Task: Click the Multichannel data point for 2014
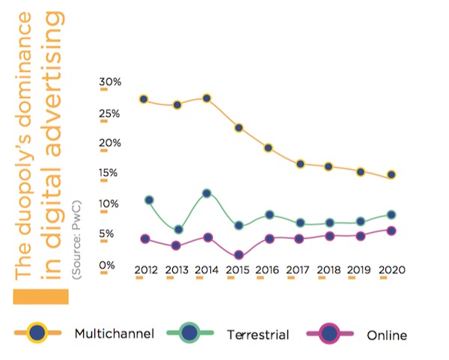207,98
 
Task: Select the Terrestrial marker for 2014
207,193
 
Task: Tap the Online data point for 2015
238,255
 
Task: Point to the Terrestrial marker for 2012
149,200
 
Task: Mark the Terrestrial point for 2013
177,229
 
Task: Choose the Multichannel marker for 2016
269,147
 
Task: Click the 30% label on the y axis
111,82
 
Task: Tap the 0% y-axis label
109,265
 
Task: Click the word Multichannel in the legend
114,333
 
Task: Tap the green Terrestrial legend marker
190,332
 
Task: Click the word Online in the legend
387,335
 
